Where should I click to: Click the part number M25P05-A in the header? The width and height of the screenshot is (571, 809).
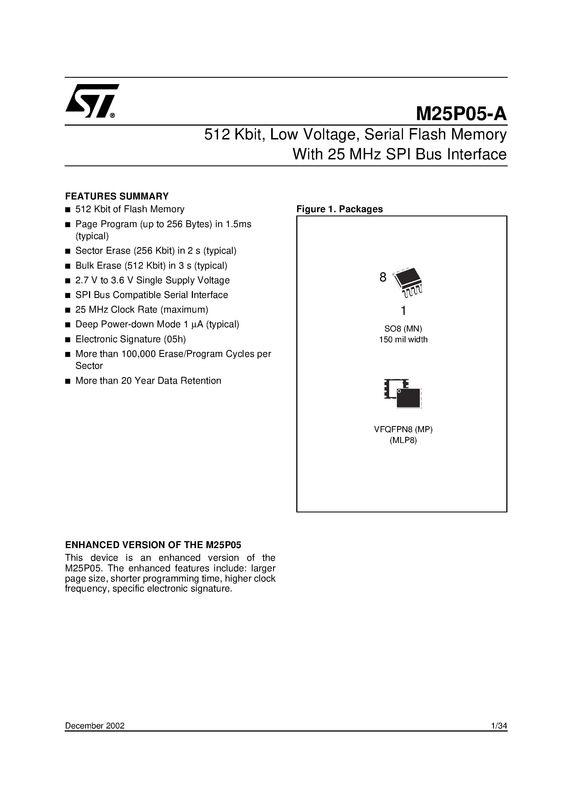(461, 114)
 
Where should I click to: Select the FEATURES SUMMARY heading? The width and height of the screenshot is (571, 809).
(117, 196)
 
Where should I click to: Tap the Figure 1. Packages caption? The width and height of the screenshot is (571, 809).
(339, 209)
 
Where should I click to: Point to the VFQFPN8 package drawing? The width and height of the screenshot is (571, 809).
(403, 394)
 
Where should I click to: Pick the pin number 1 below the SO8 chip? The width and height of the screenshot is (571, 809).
(404, 311)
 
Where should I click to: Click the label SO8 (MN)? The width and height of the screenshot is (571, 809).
(403, 329)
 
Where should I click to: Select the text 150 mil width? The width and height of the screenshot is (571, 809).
(403, 340)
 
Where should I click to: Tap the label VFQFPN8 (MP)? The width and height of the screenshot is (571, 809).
(403, 429)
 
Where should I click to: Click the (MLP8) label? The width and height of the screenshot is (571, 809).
(403, 440)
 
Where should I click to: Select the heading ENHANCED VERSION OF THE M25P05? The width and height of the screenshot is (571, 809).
(153, 545)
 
